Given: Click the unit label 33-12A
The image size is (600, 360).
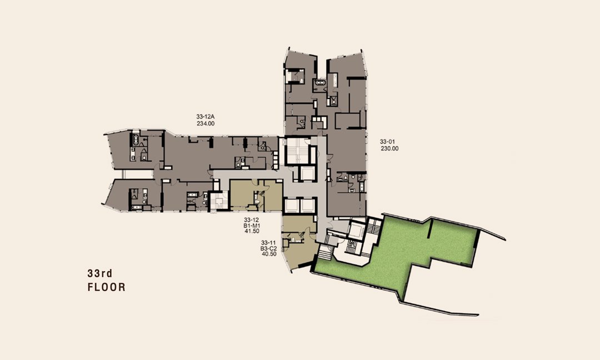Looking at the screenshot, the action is tap(205, 116).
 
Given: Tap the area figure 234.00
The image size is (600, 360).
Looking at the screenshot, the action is tap(206, 123).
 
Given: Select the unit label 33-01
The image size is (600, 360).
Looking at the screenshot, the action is tap(387, 142).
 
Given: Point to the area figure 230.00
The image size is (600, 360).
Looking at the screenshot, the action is tap(389, 148).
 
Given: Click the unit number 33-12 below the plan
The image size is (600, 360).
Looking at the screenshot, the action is tap(252, 220).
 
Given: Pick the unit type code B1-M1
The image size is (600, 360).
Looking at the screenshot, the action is tap(252, 226).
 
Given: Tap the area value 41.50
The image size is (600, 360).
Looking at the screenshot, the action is tap(252, 231).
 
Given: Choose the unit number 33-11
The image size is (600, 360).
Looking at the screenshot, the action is tap(269, 243).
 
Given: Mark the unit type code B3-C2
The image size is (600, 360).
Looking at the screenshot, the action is tap(269, 248).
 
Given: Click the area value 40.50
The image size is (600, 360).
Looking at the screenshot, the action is tap(269, 254).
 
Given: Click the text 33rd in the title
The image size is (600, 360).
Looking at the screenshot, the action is tap(100, 273).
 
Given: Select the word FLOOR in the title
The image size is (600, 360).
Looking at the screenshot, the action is tap(106, 287).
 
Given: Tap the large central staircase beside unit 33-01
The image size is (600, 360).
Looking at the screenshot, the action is tap(297, 151).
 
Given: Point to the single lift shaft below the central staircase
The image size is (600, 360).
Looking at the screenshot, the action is tap(307, 174).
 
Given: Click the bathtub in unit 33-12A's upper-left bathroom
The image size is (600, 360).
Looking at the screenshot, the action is tap(135, 139).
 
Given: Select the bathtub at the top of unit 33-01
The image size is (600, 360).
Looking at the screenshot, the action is tap(319, 83).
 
